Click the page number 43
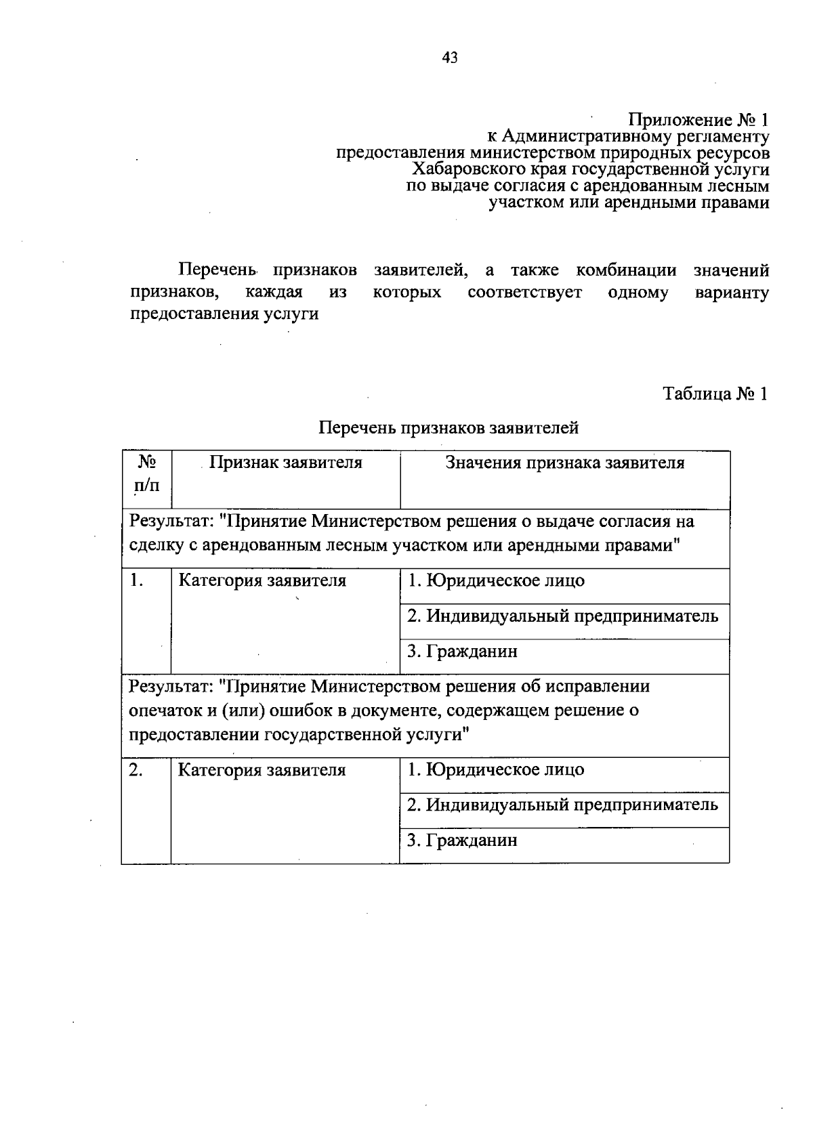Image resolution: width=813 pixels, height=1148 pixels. (450, 58)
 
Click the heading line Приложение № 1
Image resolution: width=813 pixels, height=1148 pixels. (699, 121)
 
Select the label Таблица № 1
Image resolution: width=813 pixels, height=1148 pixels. (715, 394)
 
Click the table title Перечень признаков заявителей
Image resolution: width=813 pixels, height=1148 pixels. (449, 428)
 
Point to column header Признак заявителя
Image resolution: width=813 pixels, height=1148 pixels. (285, 463)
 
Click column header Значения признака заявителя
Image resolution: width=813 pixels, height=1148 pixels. (564, 463)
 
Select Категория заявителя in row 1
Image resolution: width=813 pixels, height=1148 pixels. (262, 581)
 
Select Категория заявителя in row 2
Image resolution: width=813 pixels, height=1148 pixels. (262, 771)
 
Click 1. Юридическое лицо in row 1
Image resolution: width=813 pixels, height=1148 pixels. (495, 581)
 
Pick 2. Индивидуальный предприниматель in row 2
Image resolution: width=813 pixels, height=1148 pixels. (562, 805)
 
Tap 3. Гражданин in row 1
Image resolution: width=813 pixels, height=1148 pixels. (462, 652)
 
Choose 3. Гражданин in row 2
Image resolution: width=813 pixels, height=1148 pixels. (462, 841)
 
